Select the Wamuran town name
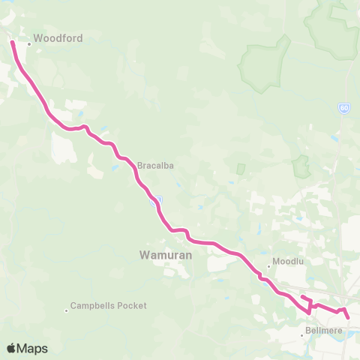[166, 255]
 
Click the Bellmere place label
[324, 330]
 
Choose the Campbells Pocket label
[108, 306]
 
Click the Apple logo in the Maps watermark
[12, 348]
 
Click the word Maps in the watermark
[34, 349]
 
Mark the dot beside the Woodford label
[29, 43]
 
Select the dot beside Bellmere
[302, 335]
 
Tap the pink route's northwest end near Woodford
[11, 42]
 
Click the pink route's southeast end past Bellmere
[349, 317]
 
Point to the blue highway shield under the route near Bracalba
[155, 200]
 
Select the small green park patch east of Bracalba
[240, 169]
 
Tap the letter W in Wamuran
[145, 255]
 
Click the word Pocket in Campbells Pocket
[132, 306]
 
